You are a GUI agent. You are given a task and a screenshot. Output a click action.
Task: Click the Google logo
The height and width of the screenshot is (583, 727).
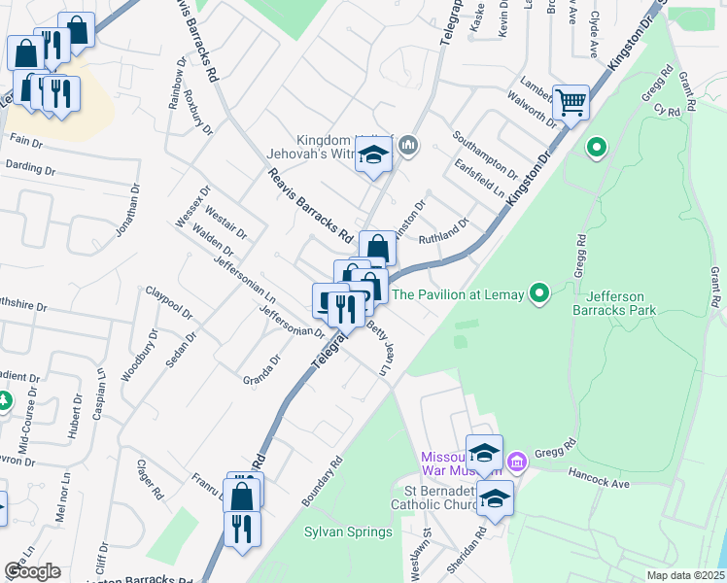pos(32,571)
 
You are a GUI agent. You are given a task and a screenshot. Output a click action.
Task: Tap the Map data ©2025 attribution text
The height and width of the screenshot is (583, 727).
pos(684,575)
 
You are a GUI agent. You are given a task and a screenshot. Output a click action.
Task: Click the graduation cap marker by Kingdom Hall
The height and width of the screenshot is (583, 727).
pos(372,156)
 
